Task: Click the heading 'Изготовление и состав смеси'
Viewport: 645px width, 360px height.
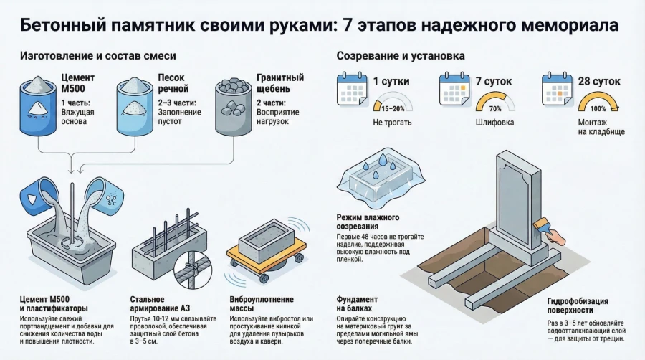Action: click(x=98, y=55)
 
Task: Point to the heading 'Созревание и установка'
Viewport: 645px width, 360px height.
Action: click(x=401, y=55)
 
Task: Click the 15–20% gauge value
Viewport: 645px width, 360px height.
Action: click(x=392, y=108)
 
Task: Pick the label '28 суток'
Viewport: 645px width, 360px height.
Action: click(x=600, y=81)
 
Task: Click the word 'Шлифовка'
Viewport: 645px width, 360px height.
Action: click(x=495, y=123)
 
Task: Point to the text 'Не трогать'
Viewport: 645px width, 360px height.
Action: click(x=393, y=123)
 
